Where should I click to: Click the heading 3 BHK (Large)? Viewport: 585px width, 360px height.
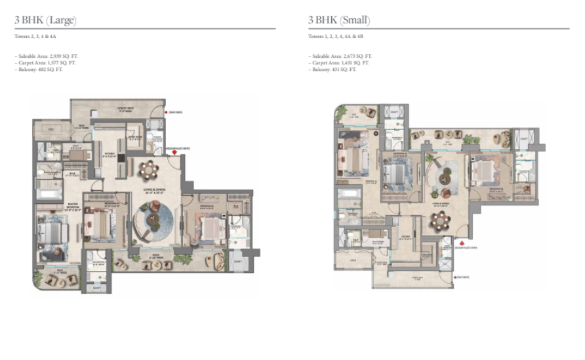click(45, 20)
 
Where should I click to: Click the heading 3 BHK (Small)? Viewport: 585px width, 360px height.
click(338, 20)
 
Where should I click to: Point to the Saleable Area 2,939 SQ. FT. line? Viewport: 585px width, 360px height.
click(45, 57)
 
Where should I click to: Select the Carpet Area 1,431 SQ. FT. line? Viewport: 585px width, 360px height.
click(340, 63)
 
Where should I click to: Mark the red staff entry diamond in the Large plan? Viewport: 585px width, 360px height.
click(165, 113)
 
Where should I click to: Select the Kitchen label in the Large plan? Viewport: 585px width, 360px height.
click(109, 155)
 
